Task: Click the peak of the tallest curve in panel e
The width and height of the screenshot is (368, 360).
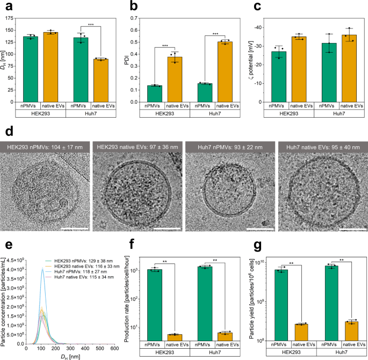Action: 58,270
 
